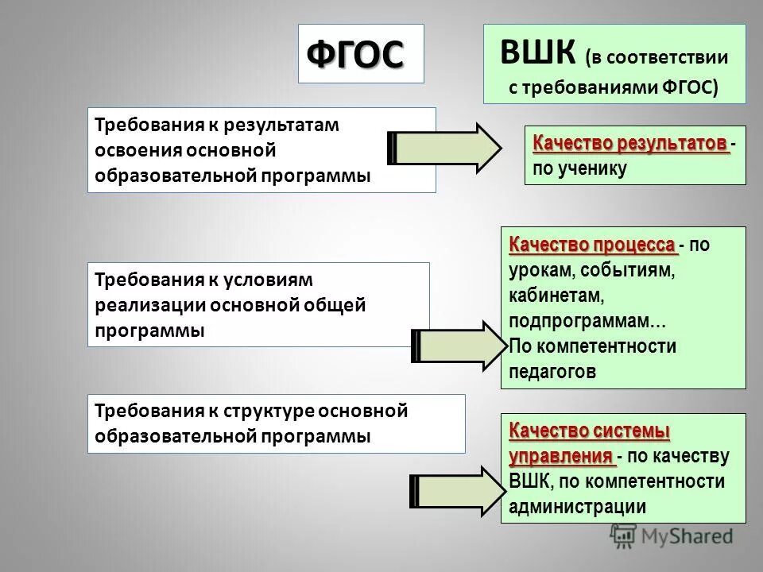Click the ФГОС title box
[x=361, y=53]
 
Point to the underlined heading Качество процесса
[x=592, y=244]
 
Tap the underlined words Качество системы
[x=589, y=431]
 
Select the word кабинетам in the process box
[x=557, y=296]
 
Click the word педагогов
[x=552, y=371]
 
